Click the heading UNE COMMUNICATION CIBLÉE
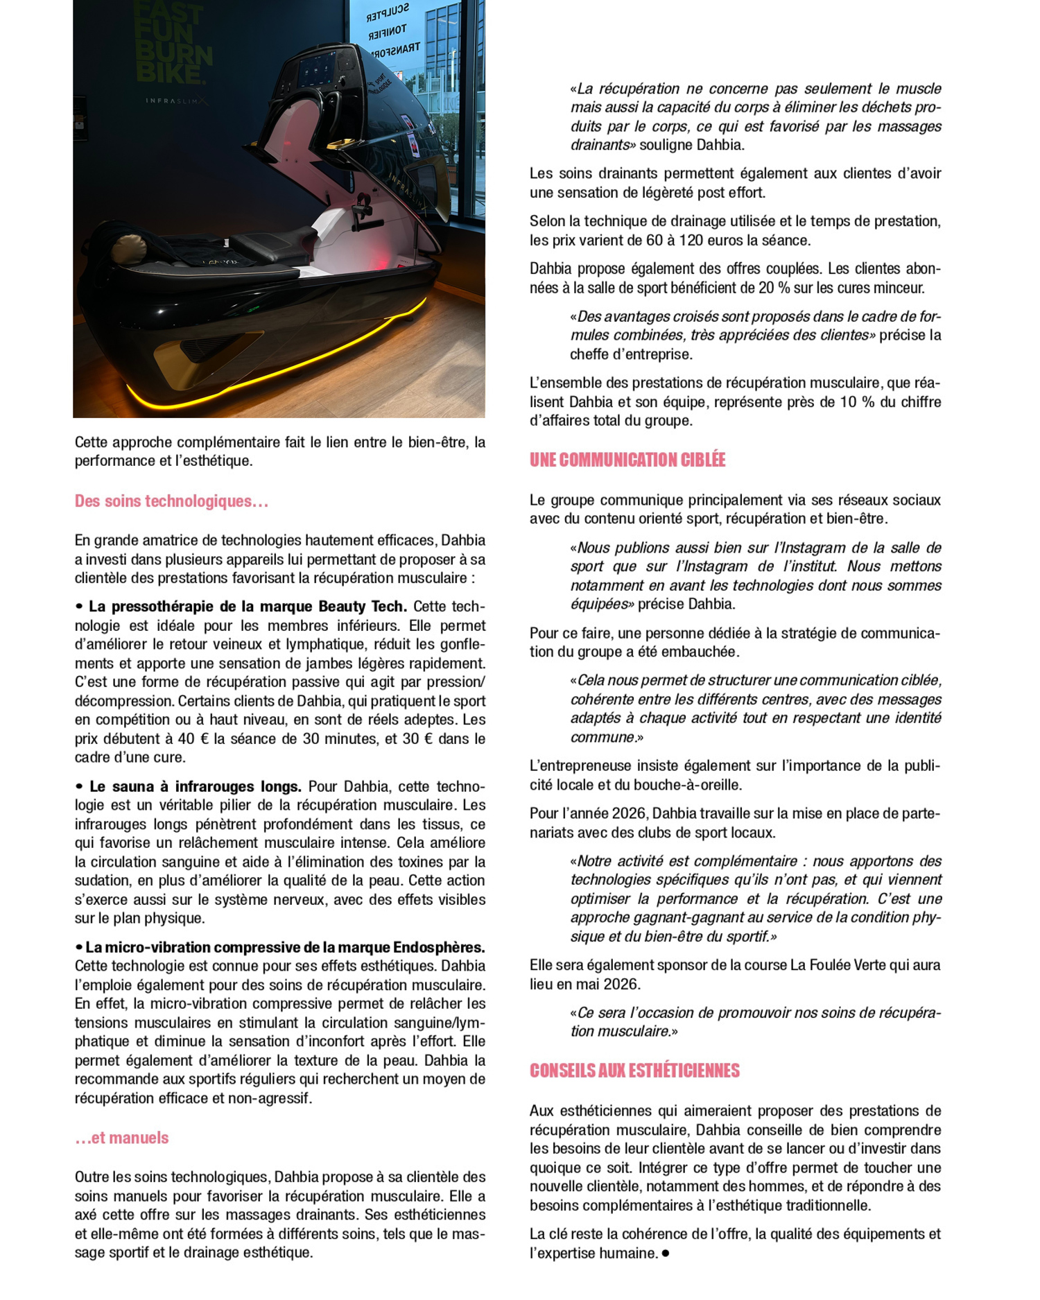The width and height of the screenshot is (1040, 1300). click(627, 460)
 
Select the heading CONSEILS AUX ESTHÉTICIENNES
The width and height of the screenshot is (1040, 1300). click(634, 1071)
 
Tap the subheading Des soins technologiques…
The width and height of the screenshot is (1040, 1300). click(171, 501)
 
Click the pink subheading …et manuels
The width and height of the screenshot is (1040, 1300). click(122, 1138)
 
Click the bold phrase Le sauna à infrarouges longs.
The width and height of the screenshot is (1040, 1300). click(196, 786)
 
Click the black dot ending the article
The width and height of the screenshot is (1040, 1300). click(666, 1253)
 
